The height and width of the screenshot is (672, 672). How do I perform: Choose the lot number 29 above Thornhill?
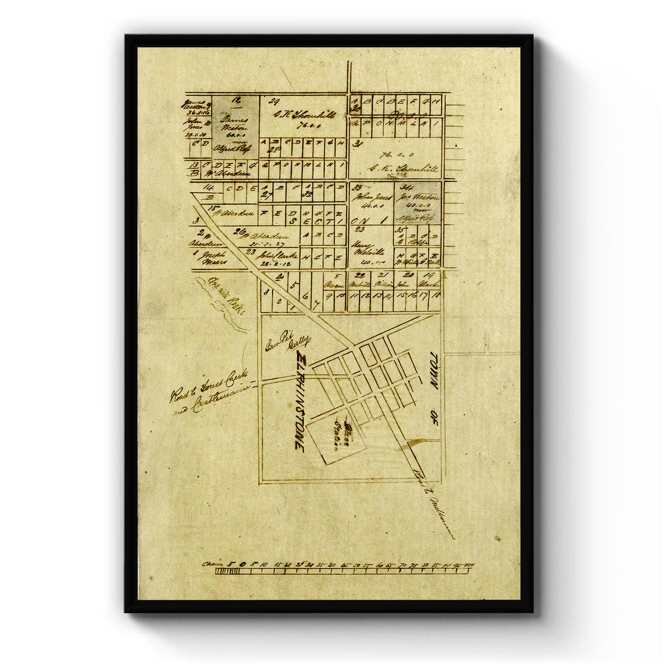[x=274, y=101]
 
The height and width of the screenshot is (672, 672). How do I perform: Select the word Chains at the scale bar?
[x=212, y=563]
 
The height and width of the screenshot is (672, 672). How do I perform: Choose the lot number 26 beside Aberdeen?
[x=239, y=231]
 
